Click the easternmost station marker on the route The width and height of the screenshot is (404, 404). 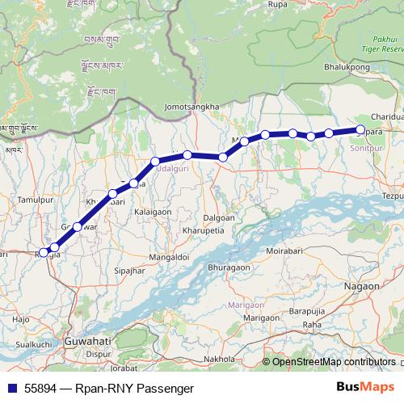point(361,129)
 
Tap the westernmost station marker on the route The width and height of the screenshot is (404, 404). point(44,253)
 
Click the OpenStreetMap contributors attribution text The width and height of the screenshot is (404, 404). point(334,362)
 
